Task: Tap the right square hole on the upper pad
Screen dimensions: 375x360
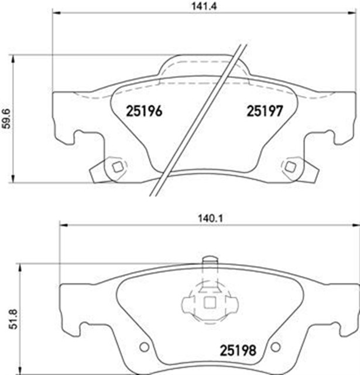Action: (289, 166)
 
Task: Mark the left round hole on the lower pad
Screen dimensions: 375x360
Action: (140, 346)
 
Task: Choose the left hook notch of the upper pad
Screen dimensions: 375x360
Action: (76, 139)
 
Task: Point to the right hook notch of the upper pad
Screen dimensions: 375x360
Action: (330, 139)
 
